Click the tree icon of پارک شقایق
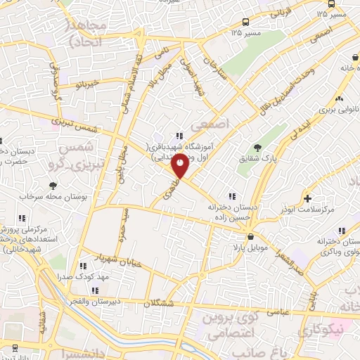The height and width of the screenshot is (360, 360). point(257,148)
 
